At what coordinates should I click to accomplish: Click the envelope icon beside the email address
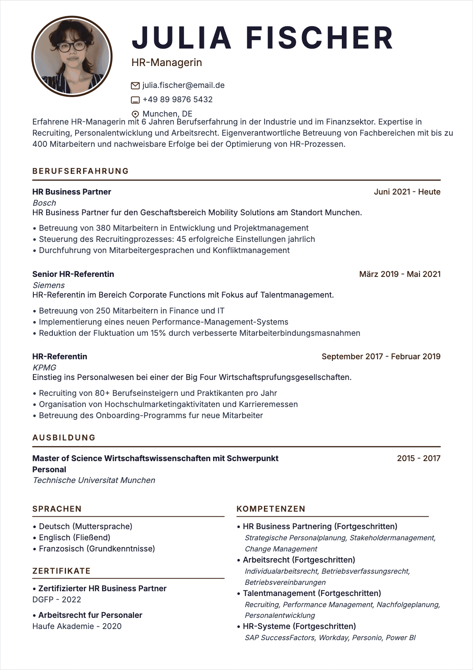135,86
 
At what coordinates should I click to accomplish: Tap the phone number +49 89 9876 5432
177,99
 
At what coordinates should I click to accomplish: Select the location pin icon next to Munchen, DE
135,114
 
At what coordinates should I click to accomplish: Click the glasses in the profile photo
72,46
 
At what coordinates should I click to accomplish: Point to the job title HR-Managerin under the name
167,62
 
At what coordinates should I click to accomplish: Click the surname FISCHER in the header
320,38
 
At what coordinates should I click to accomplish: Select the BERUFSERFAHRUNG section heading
81,171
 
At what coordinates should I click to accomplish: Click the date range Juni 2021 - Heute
407,192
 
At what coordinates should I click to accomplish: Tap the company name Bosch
45,203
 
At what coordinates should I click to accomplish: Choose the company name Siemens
48,285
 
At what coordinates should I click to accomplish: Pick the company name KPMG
44,368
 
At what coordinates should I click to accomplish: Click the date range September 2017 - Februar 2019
381,356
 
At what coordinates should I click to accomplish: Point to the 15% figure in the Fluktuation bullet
158,333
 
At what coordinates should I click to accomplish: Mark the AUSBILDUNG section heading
64,438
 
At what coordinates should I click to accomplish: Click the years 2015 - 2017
419,458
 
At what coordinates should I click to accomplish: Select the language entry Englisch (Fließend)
74,538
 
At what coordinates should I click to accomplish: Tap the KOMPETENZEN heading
271,509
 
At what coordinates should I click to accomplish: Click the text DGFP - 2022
56,600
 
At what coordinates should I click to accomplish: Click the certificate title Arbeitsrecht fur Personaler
90,615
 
